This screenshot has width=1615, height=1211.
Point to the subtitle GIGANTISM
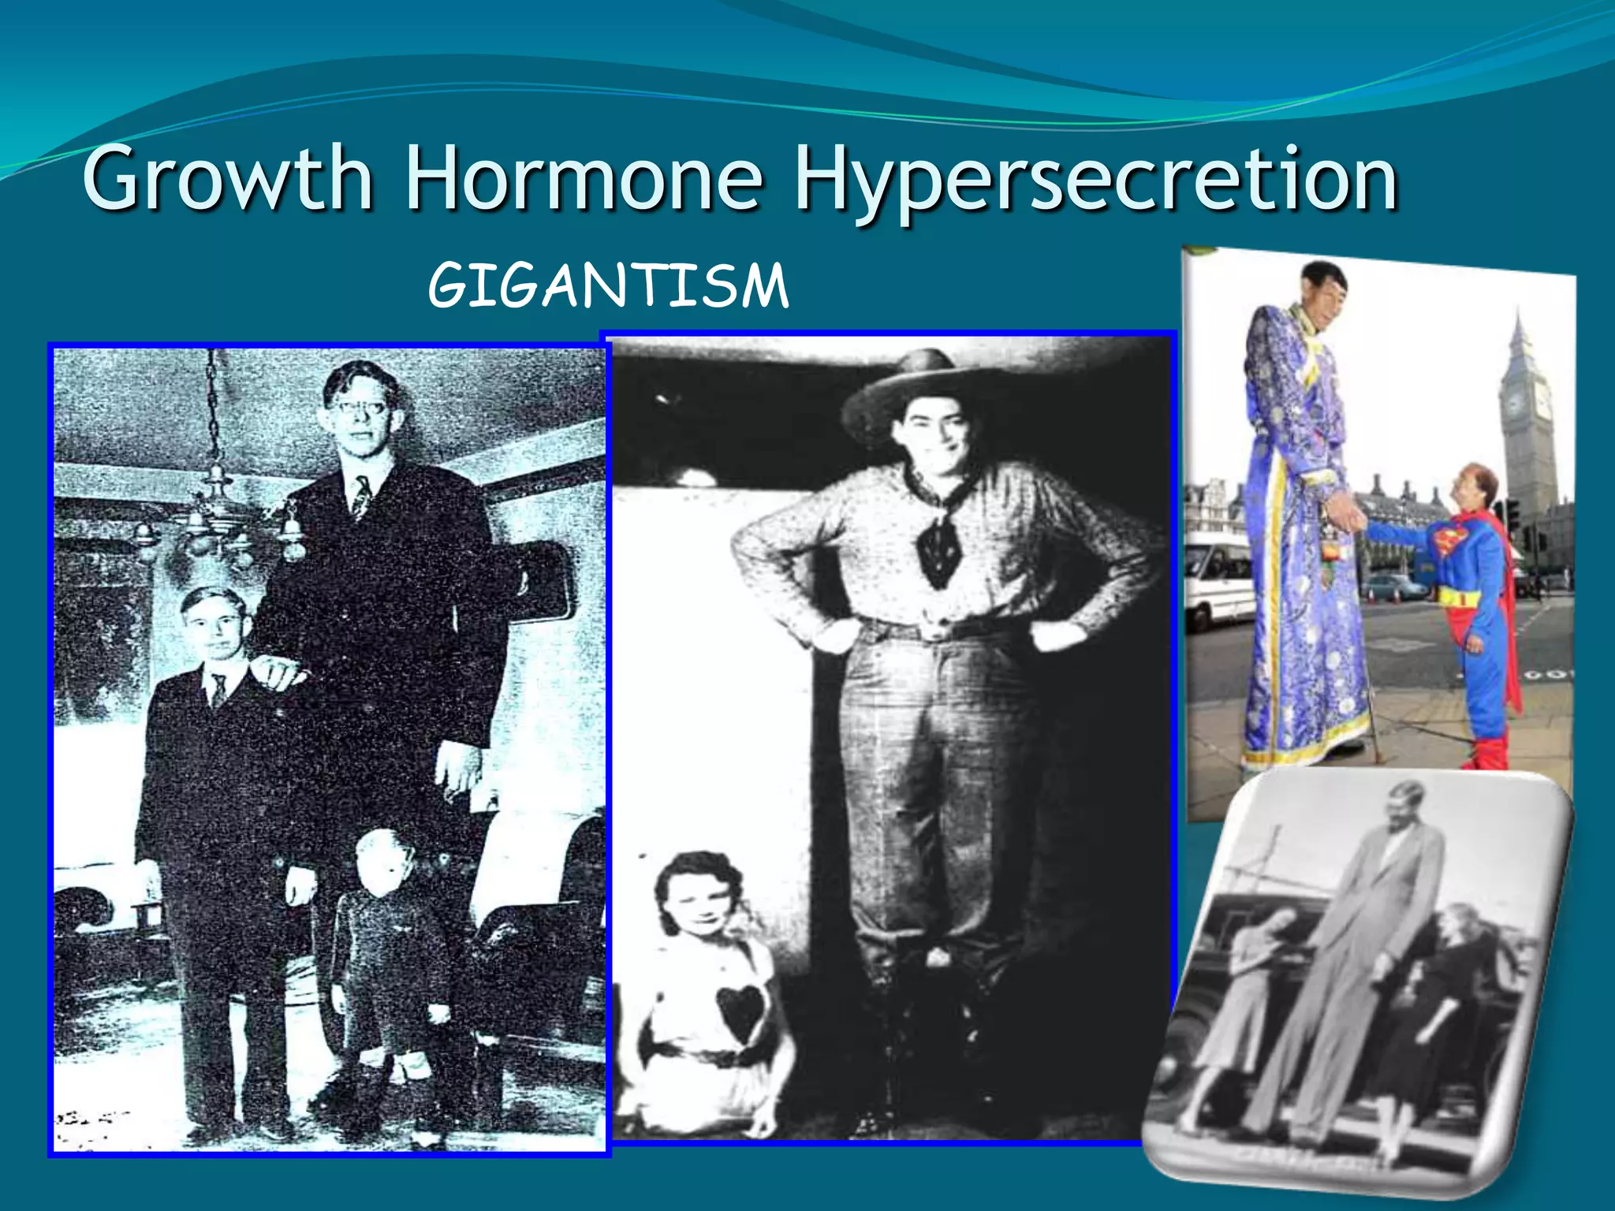pos(608,285)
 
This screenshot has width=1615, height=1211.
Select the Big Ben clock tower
pos(1527,426)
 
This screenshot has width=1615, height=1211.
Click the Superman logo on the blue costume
pos(1449,542)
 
